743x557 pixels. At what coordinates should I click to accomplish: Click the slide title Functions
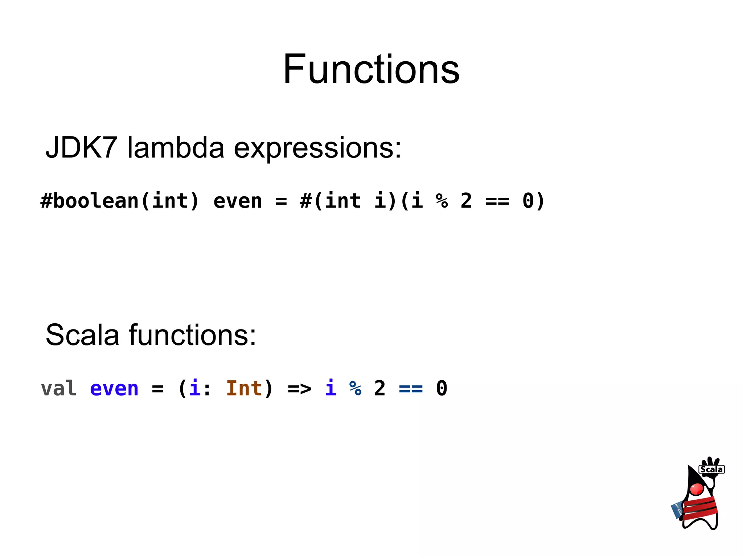coord(371,69)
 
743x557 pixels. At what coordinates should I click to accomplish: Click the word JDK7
coord(81,148)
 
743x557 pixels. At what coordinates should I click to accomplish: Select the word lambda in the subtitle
coord(176,148)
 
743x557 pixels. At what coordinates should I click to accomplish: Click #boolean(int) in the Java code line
coord(120,201)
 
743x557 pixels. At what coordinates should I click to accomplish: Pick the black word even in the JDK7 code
coord(237,201)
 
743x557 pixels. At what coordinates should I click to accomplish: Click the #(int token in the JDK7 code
coord(330,201)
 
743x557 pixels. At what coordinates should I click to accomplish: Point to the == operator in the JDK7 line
coord(497,201)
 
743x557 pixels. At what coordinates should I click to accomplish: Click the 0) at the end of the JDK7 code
coord(533,201)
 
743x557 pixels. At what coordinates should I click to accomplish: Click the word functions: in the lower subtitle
coord(193,335)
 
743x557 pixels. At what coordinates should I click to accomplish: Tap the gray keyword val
coord(59,389)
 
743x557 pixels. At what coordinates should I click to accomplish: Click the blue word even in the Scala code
coord(114,389)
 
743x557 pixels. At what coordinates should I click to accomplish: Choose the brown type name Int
coord(244,389)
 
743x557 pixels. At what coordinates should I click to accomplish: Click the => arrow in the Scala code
coord(299,389)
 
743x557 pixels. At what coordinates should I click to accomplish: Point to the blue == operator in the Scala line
coord(411,389)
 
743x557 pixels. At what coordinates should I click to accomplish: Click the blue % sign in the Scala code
coord(356,389)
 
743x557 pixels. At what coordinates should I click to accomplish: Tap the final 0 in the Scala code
coord(442,389)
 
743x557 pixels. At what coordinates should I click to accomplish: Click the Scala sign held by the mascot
coord(711,469)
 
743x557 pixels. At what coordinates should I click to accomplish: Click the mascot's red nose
coord(697,489)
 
